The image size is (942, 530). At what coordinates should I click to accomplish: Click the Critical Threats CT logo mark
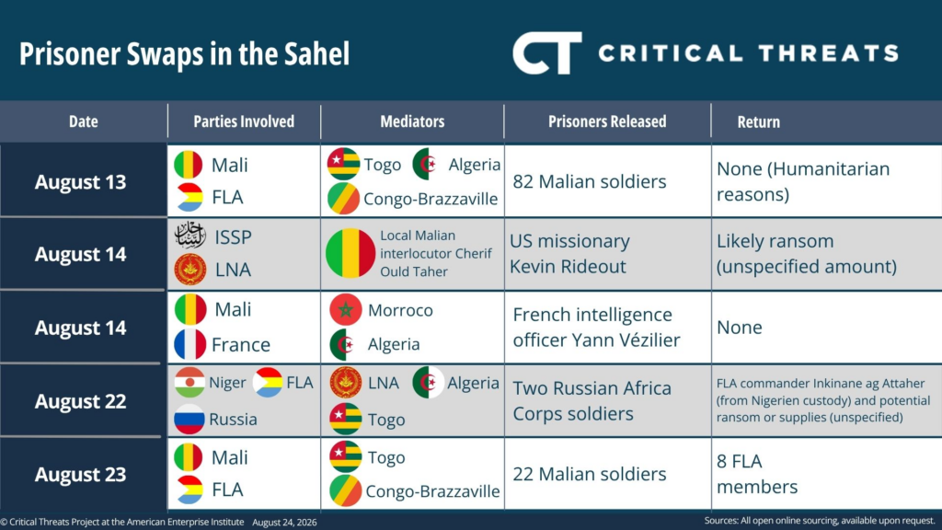coord(546,53)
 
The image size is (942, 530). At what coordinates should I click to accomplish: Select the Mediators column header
coord(412,121)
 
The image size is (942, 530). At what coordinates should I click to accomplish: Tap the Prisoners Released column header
coord(607,121)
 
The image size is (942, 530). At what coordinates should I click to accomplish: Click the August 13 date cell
coord(84,181)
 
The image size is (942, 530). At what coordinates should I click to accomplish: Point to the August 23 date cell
coord(84,474)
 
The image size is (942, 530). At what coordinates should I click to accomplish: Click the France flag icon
coord(190,344)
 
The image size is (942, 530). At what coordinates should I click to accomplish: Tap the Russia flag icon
coord(190,419)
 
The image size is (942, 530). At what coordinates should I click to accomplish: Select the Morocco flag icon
coord(346,310)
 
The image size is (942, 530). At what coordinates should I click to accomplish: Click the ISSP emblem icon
coord(190,235)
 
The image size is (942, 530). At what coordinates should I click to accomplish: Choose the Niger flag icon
coord(190,382)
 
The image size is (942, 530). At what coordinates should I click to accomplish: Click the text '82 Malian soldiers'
coord(590,181)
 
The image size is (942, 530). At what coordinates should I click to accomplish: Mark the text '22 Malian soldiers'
coord(590,474)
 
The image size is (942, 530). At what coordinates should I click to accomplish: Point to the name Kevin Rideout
coord(568,266)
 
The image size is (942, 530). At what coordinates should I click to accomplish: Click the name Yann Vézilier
coord(626,340)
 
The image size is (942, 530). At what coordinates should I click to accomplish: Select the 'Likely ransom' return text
coord(775,241)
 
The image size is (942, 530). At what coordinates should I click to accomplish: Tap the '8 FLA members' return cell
coord(757,474)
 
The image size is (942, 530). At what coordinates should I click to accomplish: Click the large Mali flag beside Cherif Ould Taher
coord(350,253)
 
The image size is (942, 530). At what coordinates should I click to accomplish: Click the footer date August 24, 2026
coord(284,523)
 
